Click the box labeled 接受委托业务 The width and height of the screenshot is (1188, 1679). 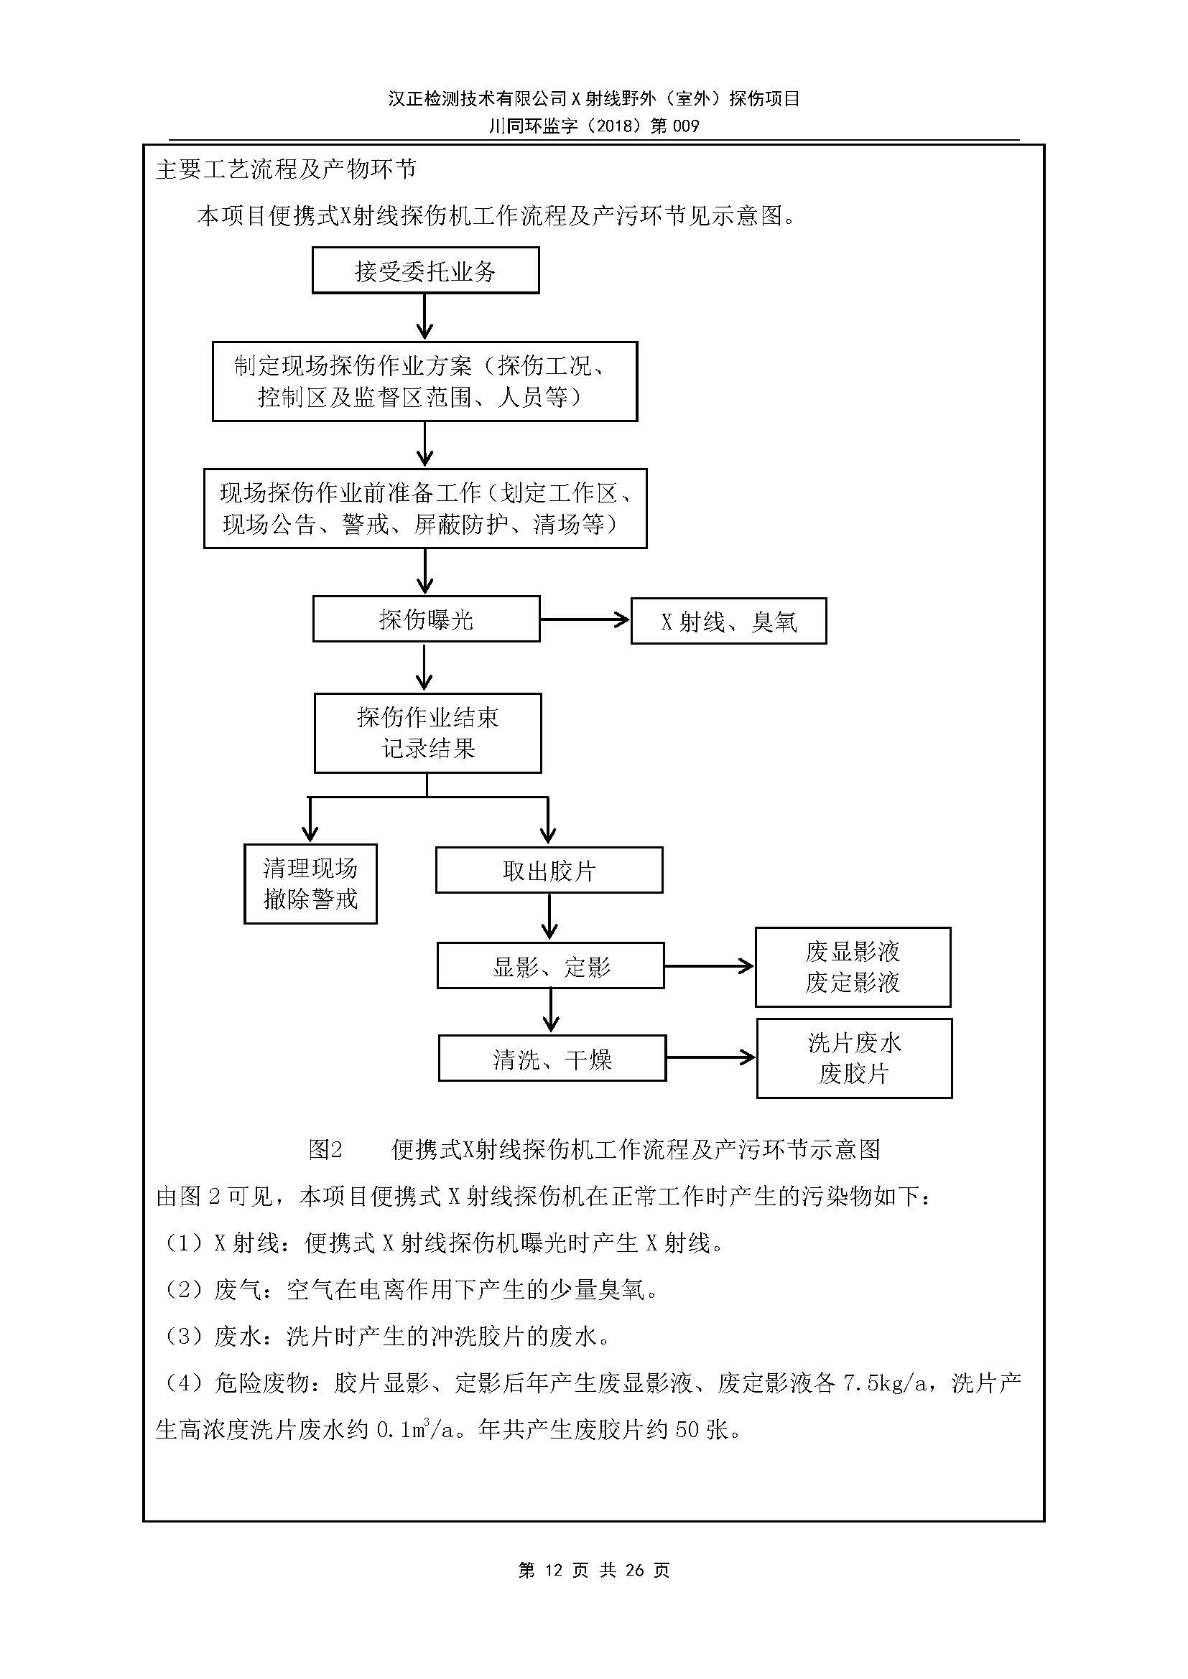click(x=425, y=271)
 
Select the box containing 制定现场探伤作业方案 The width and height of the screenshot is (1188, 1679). click(x=424, y=381)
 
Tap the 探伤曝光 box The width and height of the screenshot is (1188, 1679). click(x=426, y=619)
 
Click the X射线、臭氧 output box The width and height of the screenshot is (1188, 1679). click(x=728, y=622)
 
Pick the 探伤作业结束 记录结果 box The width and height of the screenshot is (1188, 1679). click(x=427, y=733)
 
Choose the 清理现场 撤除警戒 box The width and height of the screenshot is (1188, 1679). click(x=310, y=884)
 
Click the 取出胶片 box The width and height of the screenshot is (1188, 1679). click(x=549, y=870)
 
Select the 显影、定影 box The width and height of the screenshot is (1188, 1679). click(x=550, y=967)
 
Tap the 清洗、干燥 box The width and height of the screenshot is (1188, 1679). click(x=552, y=1058)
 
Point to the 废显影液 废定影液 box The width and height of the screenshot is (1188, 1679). click(x=853, y=967)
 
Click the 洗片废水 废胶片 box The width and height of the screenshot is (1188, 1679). click(x=854, y=1058)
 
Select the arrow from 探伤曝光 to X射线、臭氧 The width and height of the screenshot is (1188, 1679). click(x=584, y=620)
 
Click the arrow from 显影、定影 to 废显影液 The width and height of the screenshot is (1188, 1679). click(x=708, y=967)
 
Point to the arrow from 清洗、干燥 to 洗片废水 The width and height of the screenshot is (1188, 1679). click(x=710, y=1057)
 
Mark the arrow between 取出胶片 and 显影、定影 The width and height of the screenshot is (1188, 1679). click(x=549, y=917)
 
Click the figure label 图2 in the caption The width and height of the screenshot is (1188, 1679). click(x=325, y=1149)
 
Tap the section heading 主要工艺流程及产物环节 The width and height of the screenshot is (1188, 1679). click(x=286, y=169)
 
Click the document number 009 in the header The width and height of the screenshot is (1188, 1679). click(x=685, y=126)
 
